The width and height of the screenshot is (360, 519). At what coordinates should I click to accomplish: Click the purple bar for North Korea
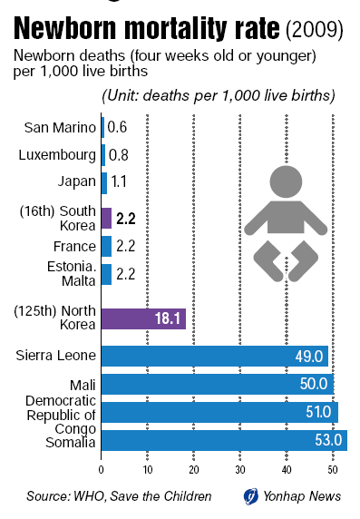pos(143,318)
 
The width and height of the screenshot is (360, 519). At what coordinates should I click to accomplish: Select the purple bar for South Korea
pos(106,218)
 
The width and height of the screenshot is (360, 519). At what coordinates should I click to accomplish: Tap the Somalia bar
pos(224,441)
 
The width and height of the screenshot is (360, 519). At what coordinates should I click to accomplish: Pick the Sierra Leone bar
pos(215,357)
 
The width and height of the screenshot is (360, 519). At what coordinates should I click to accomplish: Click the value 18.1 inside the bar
pos(168,318)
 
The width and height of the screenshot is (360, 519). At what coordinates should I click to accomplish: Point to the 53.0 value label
pos(328,440)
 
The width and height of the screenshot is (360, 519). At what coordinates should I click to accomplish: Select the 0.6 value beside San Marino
pos(118,127)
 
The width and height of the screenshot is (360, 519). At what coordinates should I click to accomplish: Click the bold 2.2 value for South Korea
pos(126,219)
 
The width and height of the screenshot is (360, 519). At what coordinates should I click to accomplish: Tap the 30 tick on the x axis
pos(240,470)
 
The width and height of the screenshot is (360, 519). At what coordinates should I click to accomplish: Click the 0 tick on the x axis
pos(102,470)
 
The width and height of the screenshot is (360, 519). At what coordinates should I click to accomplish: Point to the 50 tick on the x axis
pos(333,470)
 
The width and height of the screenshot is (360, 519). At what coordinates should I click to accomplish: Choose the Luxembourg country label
pos(57,155)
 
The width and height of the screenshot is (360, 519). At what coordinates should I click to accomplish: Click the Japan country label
pos(77,181)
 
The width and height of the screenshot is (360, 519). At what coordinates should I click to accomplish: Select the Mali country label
pos(83,386)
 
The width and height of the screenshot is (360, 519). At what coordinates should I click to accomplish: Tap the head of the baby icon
pos(286,182)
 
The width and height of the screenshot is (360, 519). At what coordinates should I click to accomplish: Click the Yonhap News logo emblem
pos(251,496)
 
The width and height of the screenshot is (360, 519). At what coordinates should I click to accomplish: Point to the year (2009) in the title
pos(315,30)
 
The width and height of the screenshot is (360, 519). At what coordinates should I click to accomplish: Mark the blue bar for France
pos(106,246)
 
